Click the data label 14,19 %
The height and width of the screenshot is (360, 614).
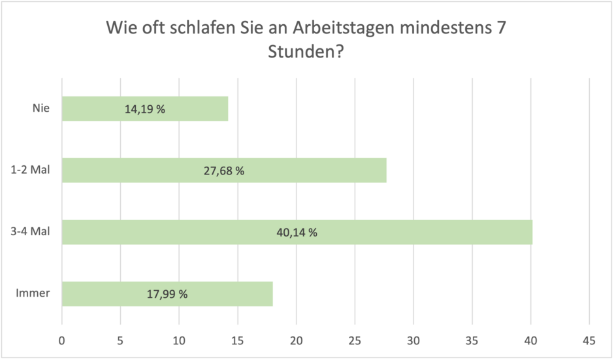click(144, 109)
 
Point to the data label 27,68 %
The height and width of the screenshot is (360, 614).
click(223, 171)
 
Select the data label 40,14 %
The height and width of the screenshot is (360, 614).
click(297, 232)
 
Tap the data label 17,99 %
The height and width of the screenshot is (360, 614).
click(167, 294)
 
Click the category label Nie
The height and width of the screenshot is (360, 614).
click(41, 108)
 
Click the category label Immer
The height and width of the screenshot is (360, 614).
click(33, 293)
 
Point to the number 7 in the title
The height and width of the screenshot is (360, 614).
click(502, 29)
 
